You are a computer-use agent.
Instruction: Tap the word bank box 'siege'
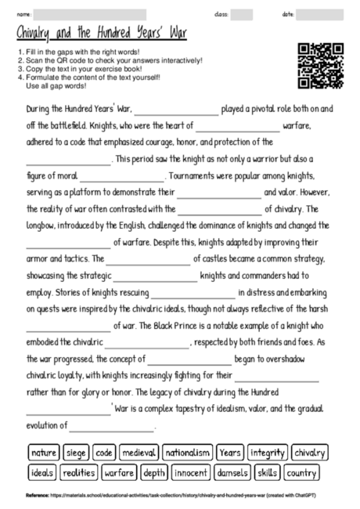pos(76,453)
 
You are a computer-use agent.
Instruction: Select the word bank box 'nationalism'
pos(189,453)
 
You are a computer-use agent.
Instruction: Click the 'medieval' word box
pos(140,453)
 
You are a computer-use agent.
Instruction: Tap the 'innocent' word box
pos(190,473)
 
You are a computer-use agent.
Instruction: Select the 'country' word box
pos(301,473)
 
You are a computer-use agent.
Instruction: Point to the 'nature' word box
pos(44,453)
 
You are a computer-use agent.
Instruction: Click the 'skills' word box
pos(267,473)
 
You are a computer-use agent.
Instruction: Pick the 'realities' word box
pos(78,473)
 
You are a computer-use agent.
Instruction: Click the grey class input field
pos(242,15)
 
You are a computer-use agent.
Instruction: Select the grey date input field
pos(319,15)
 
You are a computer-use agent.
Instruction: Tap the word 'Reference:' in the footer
pos(37,496)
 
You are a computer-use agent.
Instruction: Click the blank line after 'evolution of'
pos(113,428)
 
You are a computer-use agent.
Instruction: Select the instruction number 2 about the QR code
pos(109,60)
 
